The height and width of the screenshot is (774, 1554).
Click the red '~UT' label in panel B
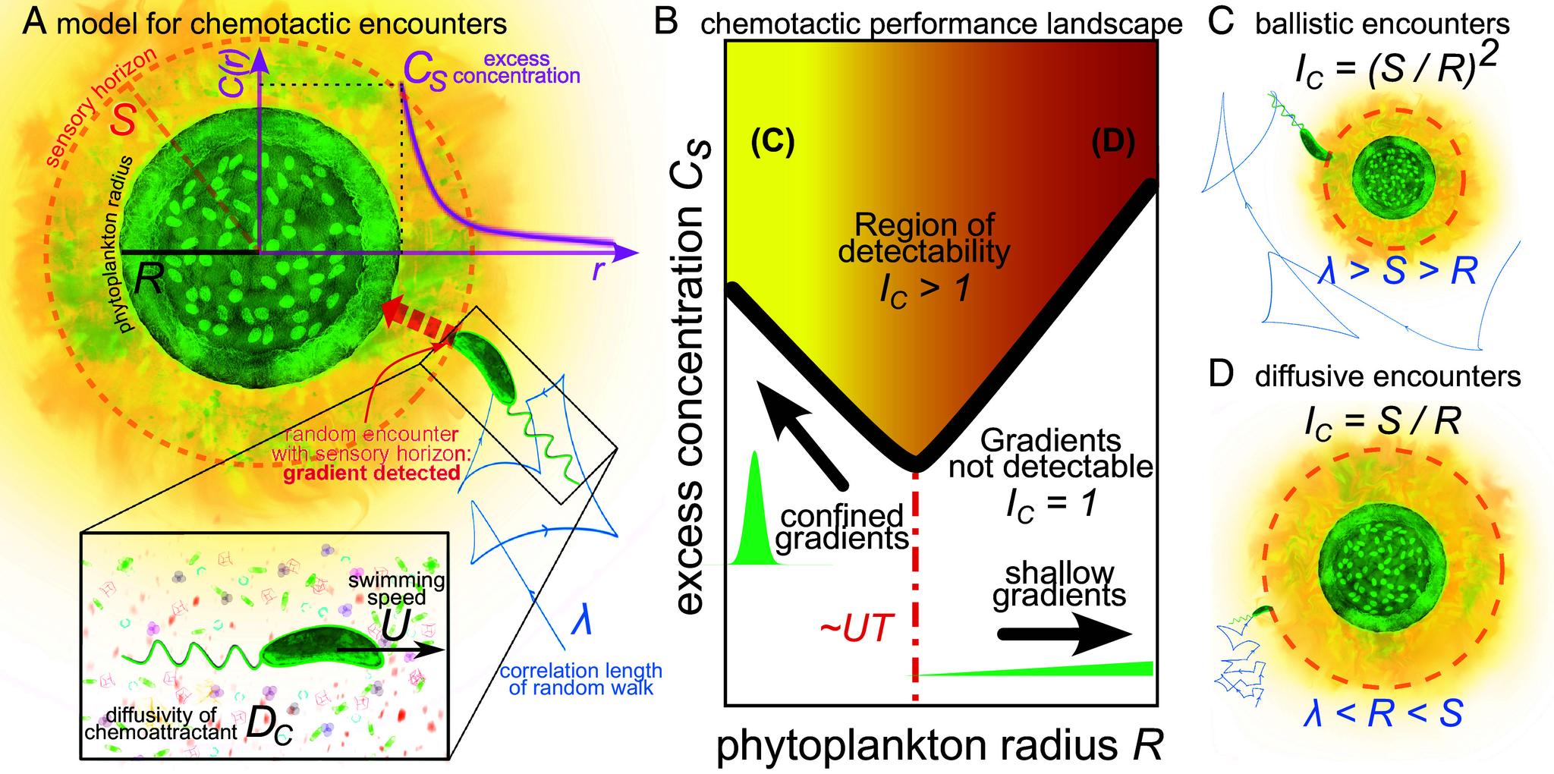(x=854, y=631)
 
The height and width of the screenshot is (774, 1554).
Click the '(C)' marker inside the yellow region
(x=773, y=143)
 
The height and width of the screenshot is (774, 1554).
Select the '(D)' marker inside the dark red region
(x=1112, y=143)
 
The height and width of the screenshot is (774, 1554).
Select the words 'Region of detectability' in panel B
(x=924, y=238)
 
